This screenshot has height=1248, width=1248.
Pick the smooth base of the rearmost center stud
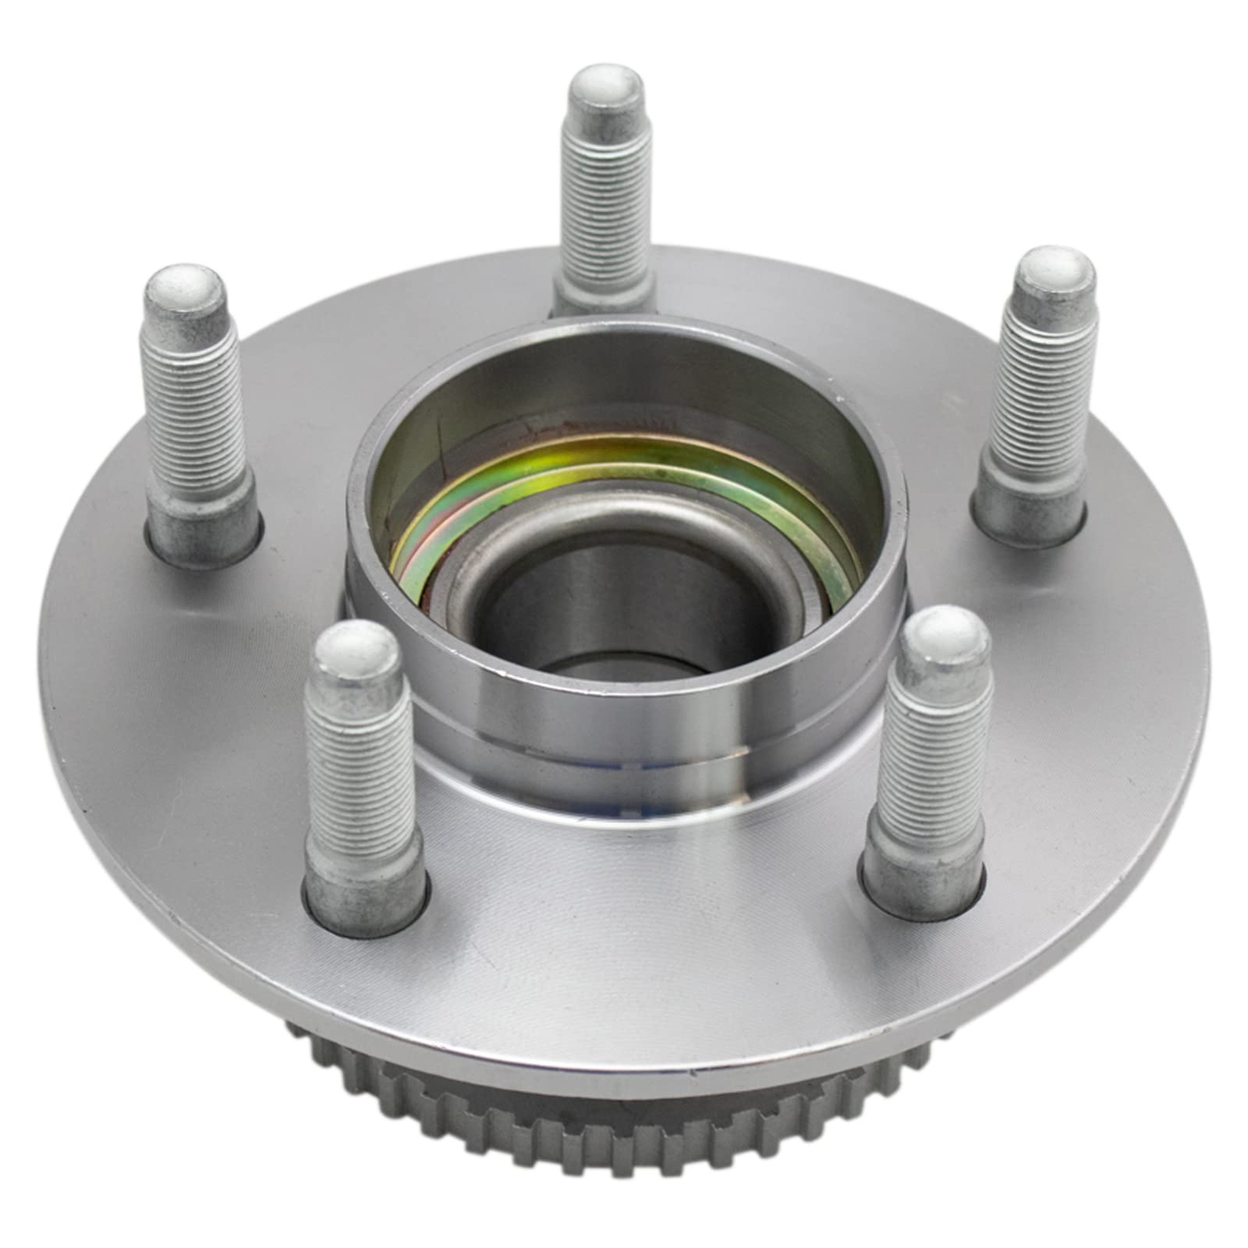click(602, 289)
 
